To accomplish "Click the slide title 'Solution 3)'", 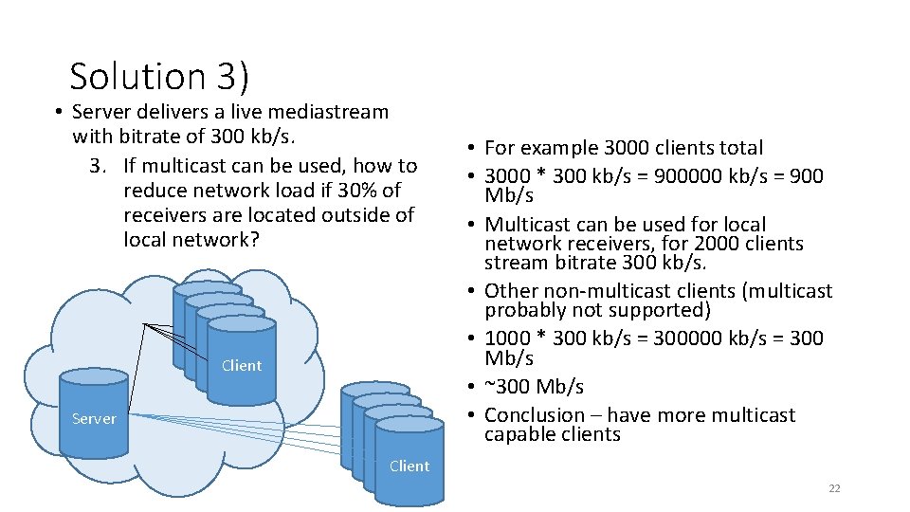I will (159, 76).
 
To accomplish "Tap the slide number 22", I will (834, 488).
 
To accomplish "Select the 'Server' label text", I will (94, 418).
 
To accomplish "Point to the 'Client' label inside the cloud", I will (241, 365).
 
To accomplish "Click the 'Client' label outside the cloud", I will (409, 466).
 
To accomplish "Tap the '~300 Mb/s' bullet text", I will (534, 387).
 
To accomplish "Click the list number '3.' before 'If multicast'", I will (99, 166).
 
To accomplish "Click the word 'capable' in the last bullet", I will (519, 434).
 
